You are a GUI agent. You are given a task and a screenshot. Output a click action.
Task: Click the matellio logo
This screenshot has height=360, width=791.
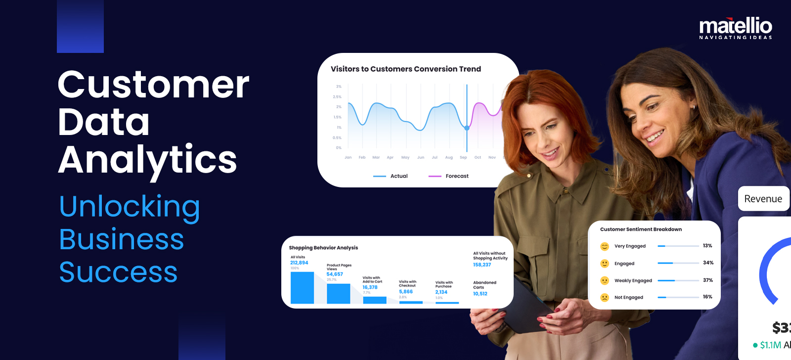(736, 28)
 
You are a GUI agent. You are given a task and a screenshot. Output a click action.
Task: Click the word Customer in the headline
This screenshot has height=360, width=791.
(153, 85)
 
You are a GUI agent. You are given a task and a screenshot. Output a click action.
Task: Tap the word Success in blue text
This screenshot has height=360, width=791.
(118, 272)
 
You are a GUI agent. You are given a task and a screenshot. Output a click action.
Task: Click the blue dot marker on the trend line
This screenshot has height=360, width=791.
(467, 128)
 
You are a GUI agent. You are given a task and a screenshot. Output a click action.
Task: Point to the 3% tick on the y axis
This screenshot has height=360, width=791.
(339, 87)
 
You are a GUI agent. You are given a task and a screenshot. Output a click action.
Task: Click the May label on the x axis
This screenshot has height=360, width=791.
(405, 157)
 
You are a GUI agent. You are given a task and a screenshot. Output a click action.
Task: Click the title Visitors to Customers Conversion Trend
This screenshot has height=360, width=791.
(405, 69)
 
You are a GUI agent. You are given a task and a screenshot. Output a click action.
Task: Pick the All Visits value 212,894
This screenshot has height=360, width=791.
(299, 263)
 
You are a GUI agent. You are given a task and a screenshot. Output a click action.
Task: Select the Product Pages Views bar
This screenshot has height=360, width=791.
(338, 293)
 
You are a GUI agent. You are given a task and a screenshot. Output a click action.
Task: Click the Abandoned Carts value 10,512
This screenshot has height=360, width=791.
(480, 294)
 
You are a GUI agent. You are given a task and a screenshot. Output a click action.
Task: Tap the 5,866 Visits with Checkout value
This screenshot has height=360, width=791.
(406, 292)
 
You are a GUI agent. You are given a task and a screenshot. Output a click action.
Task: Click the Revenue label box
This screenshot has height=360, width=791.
(763, 199)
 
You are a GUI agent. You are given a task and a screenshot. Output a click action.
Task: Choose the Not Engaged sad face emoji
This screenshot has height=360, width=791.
(604, 297)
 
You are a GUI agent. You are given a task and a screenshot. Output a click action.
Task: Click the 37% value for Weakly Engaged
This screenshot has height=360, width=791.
(708, 280)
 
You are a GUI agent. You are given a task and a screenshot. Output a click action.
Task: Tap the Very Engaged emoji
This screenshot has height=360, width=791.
(604, 246)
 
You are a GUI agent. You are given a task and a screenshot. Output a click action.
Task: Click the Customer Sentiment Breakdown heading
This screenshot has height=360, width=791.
(641, 229)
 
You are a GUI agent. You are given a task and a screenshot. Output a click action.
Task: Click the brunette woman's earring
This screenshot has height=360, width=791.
(694, 107)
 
